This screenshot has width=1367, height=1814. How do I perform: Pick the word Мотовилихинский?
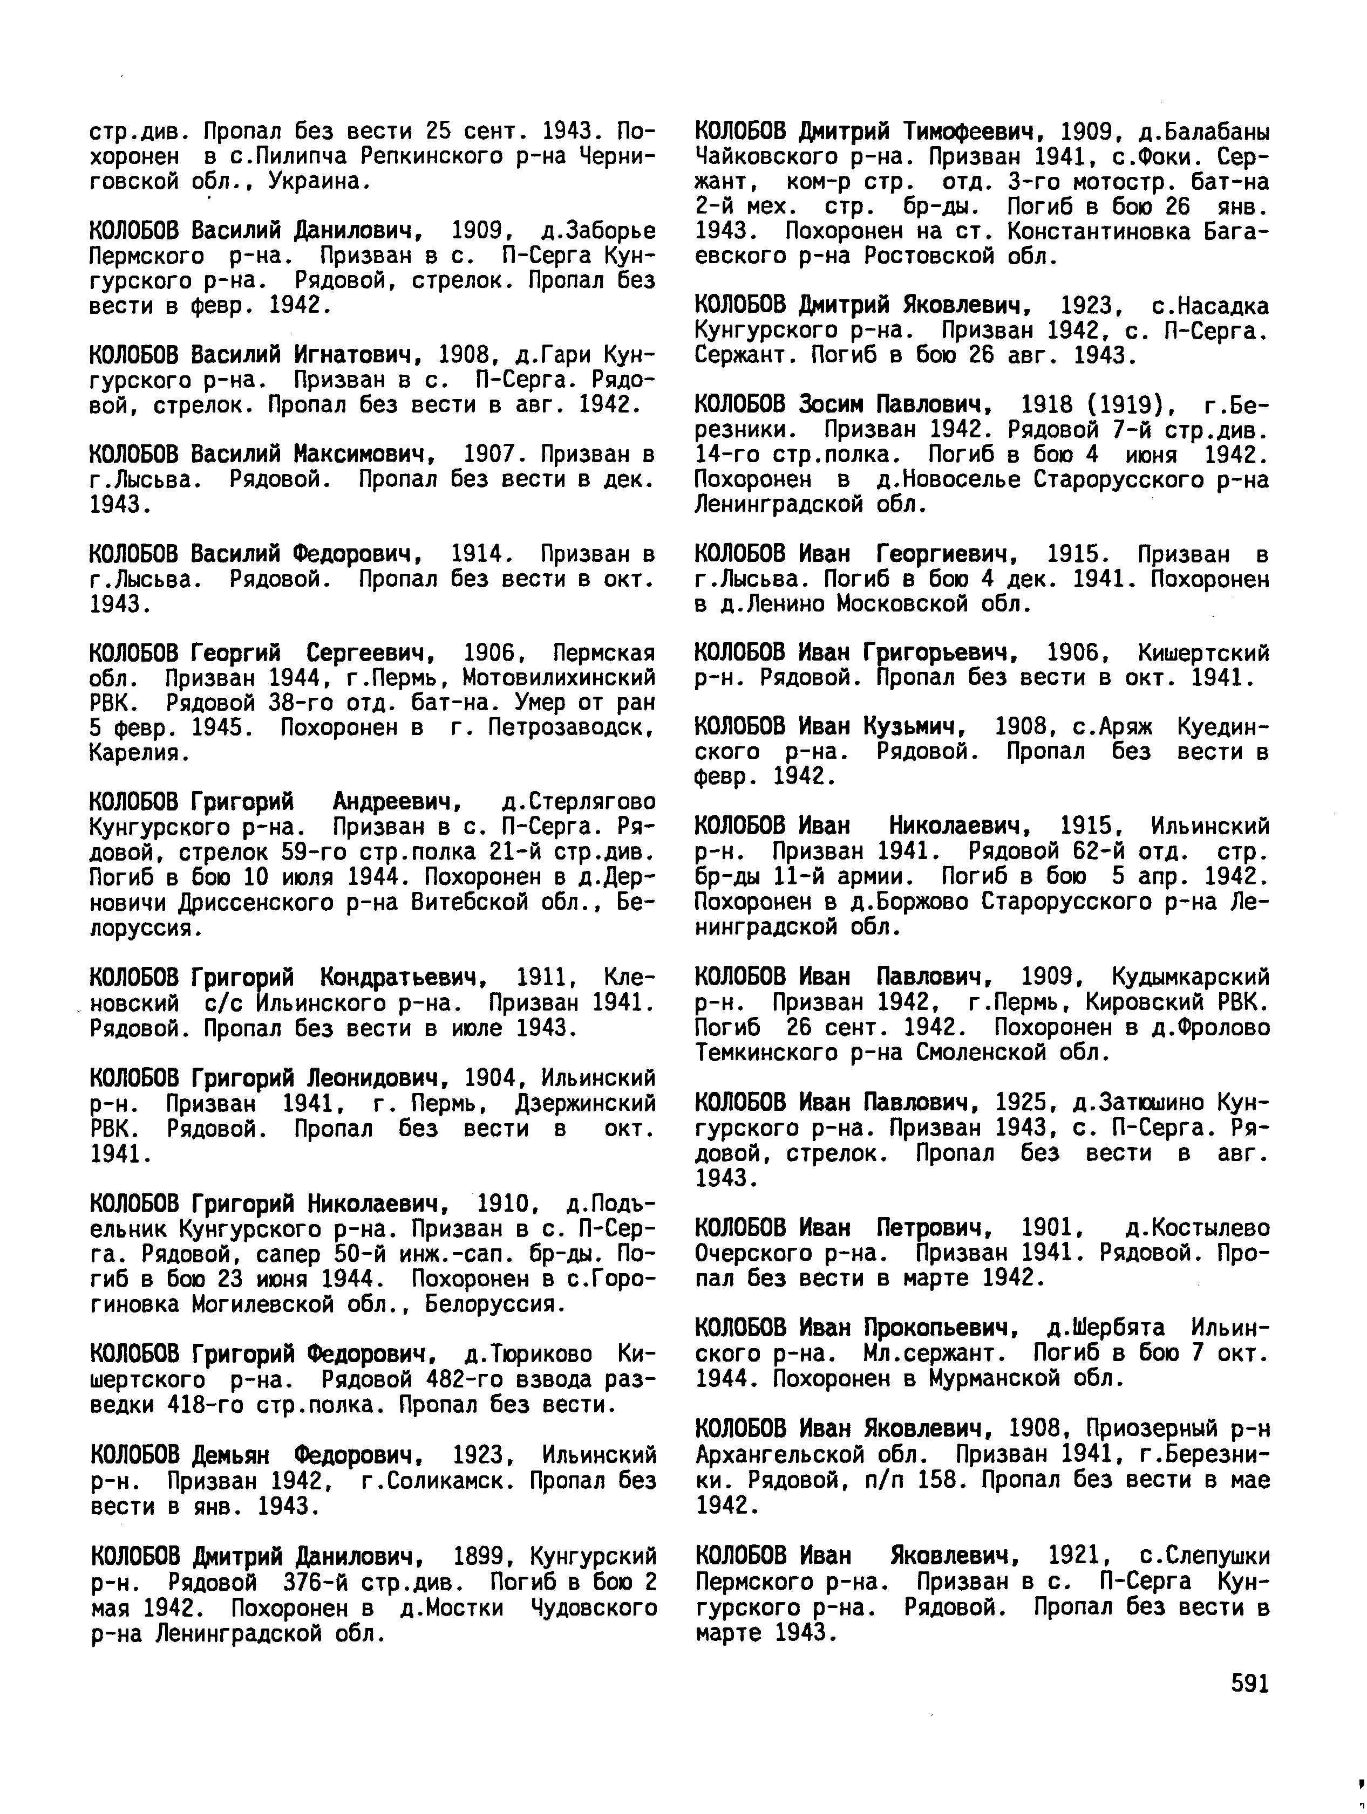pyautogui.click(x=559, y=678)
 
